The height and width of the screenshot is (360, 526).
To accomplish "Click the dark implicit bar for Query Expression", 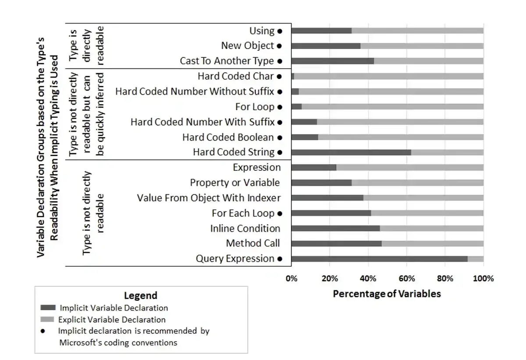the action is click(380, 259).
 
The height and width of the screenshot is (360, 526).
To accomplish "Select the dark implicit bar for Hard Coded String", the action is click(351, 152).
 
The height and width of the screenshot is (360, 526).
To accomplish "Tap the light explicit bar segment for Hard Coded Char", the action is click(389, 76).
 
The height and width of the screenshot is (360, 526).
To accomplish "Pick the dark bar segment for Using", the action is click(322, 31).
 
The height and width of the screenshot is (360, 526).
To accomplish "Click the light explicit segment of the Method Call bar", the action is click(433, 244).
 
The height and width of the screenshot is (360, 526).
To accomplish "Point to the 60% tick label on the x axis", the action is click(407, 279).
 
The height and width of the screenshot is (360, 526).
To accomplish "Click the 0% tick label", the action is click(291, 279).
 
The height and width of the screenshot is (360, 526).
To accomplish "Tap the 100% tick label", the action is click(483, 279).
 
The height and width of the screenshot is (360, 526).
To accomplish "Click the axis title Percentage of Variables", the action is click(387, 294).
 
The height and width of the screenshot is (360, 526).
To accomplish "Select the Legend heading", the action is click(141, 296).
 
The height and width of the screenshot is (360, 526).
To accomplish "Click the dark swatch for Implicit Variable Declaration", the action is click(48, 307).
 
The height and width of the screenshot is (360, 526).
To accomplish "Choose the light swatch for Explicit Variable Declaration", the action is click(47, 319).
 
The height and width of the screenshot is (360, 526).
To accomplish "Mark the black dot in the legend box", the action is click(43, 331).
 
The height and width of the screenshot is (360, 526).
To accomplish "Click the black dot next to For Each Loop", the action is click(280, 214).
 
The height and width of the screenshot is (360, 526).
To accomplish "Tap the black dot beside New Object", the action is click(279, 46).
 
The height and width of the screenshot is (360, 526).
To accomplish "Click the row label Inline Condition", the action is click(245, 228).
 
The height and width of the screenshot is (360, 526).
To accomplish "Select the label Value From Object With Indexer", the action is click(209, 198).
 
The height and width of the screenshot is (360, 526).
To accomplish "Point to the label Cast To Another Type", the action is click(227, 61).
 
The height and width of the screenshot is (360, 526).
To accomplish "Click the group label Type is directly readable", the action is click(86, 46).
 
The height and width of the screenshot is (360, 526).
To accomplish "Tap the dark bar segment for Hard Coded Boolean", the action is click(305, 137).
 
